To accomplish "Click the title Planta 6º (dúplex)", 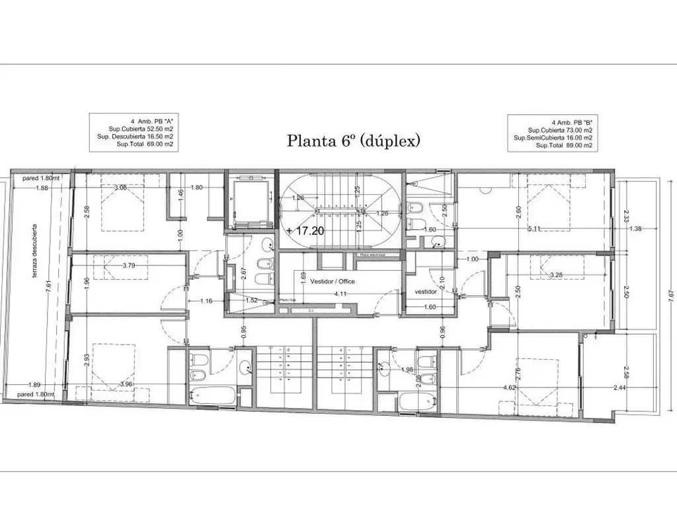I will [x=353, y=141].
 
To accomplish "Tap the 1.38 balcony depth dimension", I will [x=633, y=229].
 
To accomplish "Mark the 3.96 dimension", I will [x=126, y=385].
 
